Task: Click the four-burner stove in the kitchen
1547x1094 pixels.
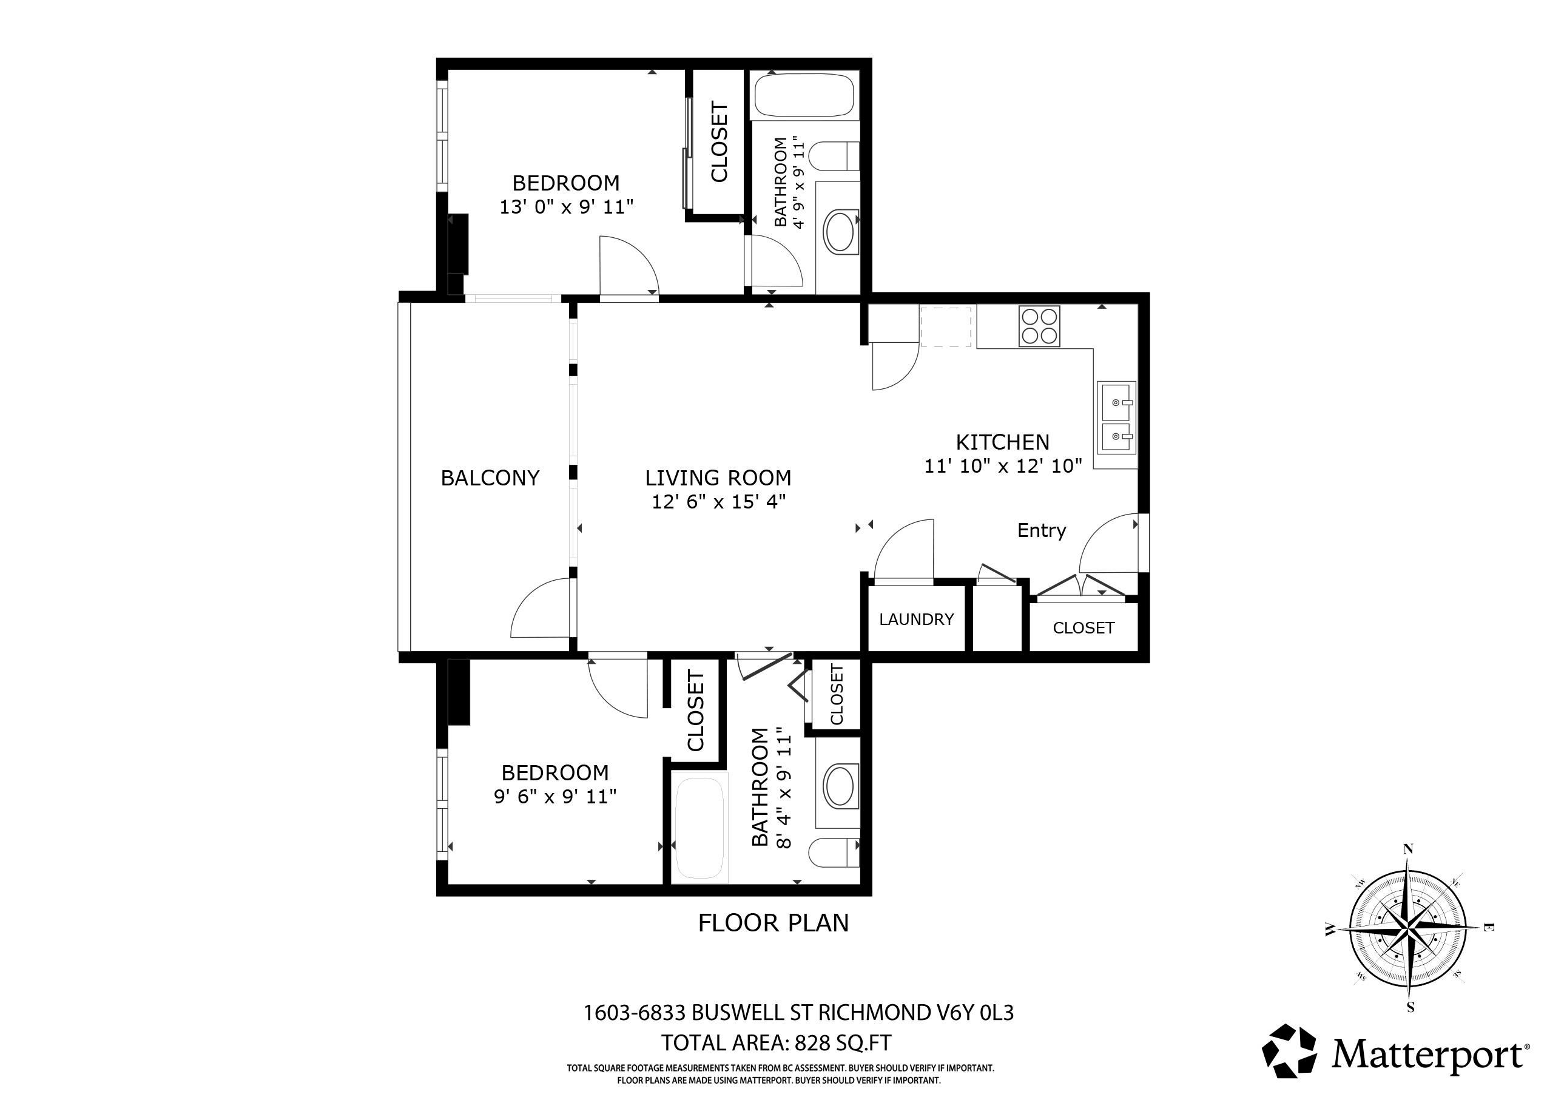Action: [x=1040, y=326]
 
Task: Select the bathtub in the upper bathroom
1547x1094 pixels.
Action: [x=804, y=97]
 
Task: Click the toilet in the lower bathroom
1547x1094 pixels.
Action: [x=835, y=853]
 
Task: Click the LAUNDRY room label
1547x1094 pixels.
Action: [x=916, y=620]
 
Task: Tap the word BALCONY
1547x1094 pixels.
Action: [x=490, y=478]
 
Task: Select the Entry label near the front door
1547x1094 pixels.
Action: [x=1041, y=530]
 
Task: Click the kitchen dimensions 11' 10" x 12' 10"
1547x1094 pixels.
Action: [x=1003, y=466]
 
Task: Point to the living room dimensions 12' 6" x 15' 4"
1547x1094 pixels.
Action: [x=718, y=502]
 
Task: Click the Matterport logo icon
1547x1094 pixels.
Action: [x=1289, y=1052]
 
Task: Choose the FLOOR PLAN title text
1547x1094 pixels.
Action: [x=773, y=923]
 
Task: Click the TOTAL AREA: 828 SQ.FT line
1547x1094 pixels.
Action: [x=775, y=1043]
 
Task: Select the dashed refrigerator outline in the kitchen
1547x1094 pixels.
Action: [x=946, y=327]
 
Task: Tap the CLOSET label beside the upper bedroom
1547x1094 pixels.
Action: [x=719, y=142]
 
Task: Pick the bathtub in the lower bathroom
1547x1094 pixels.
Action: [x=699, y=828]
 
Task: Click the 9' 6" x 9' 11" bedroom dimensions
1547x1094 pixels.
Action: [x=555, y=797]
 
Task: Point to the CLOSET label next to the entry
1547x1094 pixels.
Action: [x=1084, y=627]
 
